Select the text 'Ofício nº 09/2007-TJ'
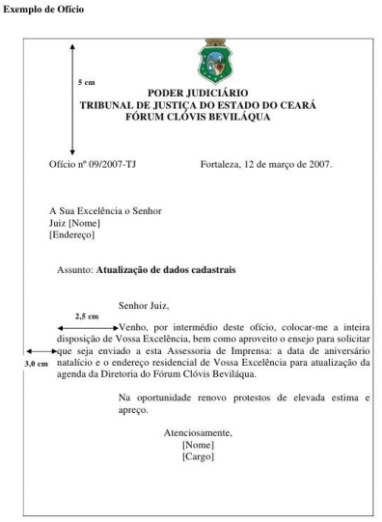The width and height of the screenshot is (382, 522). [93, 164]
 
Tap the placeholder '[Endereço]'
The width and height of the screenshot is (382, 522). [71, 234]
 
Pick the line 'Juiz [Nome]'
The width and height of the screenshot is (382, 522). [74, 223]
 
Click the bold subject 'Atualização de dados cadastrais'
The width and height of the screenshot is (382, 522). [166, 270]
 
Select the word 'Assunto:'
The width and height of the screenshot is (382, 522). [75, 270]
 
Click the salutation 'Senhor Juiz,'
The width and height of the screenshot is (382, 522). [143, 305]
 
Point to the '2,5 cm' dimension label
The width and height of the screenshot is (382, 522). [87, 316]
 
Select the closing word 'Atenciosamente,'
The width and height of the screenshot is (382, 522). [198, 432]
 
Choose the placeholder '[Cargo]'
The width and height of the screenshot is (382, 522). [198, 455]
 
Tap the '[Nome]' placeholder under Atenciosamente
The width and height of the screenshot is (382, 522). [198, 444]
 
